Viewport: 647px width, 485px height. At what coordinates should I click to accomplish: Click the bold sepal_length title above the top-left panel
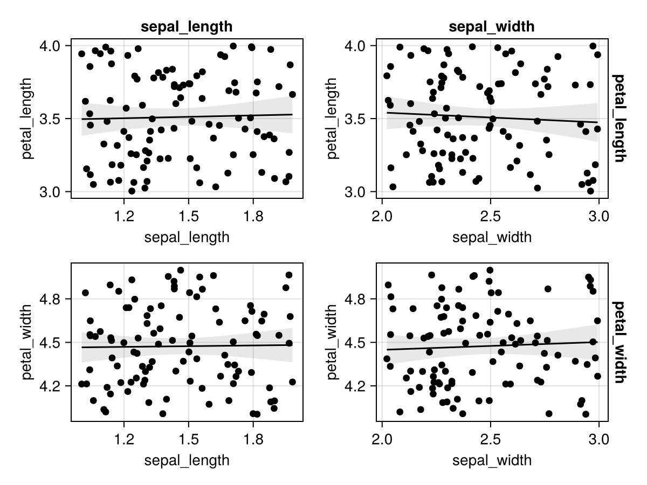[x=187, y=27]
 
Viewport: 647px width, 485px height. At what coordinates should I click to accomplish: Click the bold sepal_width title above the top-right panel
[x=491, y=27]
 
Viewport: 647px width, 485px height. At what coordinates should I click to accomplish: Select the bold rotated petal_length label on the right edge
[x=619, y=119]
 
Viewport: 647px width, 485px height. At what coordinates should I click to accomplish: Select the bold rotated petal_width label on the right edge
[x=619, y=342]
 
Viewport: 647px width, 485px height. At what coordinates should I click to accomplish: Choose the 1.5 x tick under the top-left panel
[x=189, y=217]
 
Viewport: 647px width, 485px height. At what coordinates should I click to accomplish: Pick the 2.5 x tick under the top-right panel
[x=491, y=217]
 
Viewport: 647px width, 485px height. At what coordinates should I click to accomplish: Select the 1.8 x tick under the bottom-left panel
[x=253, y=440]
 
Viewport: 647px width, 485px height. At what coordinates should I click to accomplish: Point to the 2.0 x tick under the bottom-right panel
[x=382, y=440]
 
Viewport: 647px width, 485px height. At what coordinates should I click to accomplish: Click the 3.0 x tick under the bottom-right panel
[x=598, y=440]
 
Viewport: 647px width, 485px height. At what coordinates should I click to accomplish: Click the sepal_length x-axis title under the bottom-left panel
[x=187, y=460]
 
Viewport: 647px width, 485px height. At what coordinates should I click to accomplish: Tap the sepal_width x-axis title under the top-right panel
[x=492, y=237]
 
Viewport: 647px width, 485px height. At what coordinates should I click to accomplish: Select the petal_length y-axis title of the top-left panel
[x=27, y=119]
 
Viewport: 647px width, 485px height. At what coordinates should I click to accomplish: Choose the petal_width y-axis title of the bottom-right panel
[x=332, y=342]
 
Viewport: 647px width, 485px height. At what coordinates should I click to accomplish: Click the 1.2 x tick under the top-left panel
[x=124, y=217]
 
